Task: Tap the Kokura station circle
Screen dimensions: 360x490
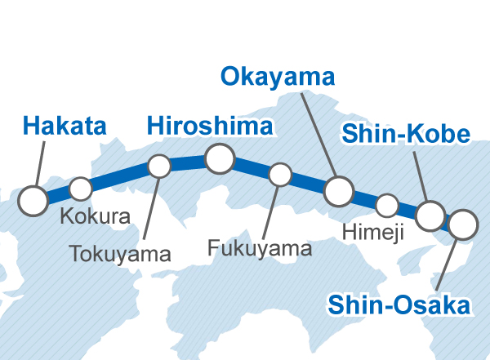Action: [x=80, y=189]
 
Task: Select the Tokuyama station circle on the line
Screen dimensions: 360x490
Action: [x=159, y=167]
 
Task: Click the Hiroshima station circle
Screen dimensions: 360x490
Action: [x=220, y=158]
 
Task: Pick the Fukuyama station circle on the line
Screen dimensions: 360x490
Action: [x=280, y=174]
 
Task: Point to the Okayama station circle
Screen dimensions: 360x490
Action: [x=338, y=192]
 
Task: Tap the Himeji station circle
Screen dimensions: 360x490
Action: [x=387, y=204]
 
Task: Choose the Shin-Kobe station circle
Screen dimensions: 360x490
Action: [x=430, y=216]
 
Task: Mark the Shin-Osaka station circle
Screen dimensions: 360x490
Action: [x=462, y=224]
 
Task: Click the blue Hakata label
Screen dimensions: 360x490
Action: [x=65, y=127]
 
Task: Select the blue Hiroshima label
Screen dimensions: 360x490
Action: [x=209, y=127]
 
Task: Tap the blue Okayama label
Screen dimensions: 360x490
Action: [x=278, y=78]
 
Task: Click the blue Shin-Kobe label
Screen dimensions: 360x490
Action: [x=406, y=135]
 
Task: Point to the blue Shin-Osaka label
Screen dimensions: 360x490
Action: [x=399, y=306]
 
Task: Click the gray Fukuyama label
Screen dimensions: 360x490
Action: [x=260, y=247]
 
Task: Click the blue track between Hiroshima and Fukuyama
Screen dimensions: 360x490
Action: [x=252, y=167]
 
